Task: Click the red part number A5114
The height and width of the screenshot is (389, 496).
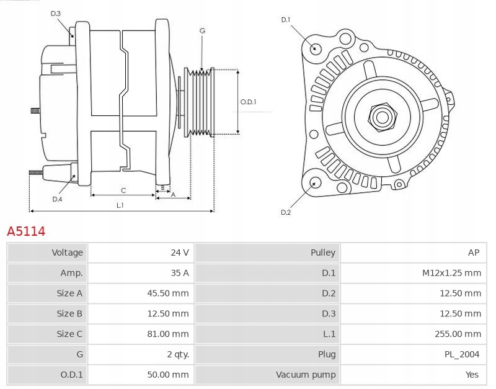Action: [x=26, y=231]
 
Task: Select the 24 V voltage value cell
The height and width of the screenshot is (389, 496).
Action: [x=180, y=253]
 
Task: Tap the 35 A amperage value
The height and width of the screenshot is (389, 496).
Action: [x=180, y=273]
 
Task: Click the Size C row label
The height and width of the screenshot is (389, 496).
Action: [x=69, y=334]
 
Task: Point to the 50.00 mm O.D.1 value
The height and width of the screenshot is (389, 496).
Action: [x=168, y=375]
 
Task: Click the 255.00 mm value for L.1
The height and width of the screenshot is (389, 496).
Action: [x=458, y=334]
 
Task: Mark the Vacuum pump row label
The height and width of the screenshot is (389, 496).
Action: [x=306, y=375]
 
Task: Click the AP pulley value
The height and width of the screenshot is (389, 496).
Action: [x=474, y=253]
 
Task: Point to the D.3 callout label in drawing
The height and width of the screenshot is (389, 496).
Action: [x=56, y=14]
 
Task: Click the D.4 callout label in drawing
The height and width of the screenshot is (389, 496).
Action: [x=57, y=199]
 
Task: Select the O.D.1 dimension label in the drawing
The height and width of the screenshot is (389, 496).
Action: [x=248, y=102]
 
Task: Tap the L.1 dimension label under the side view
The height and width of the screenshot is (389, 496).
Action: [x=120, y=205]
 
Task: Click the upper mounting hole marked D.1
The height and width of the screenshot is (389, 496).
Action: [x=314, y=48]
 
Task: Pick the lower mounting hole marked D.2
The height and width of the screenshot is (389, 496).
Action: [x=314, y=182]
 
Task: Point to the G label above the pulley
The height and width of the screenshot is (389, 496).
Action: [x=203, y=30]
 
